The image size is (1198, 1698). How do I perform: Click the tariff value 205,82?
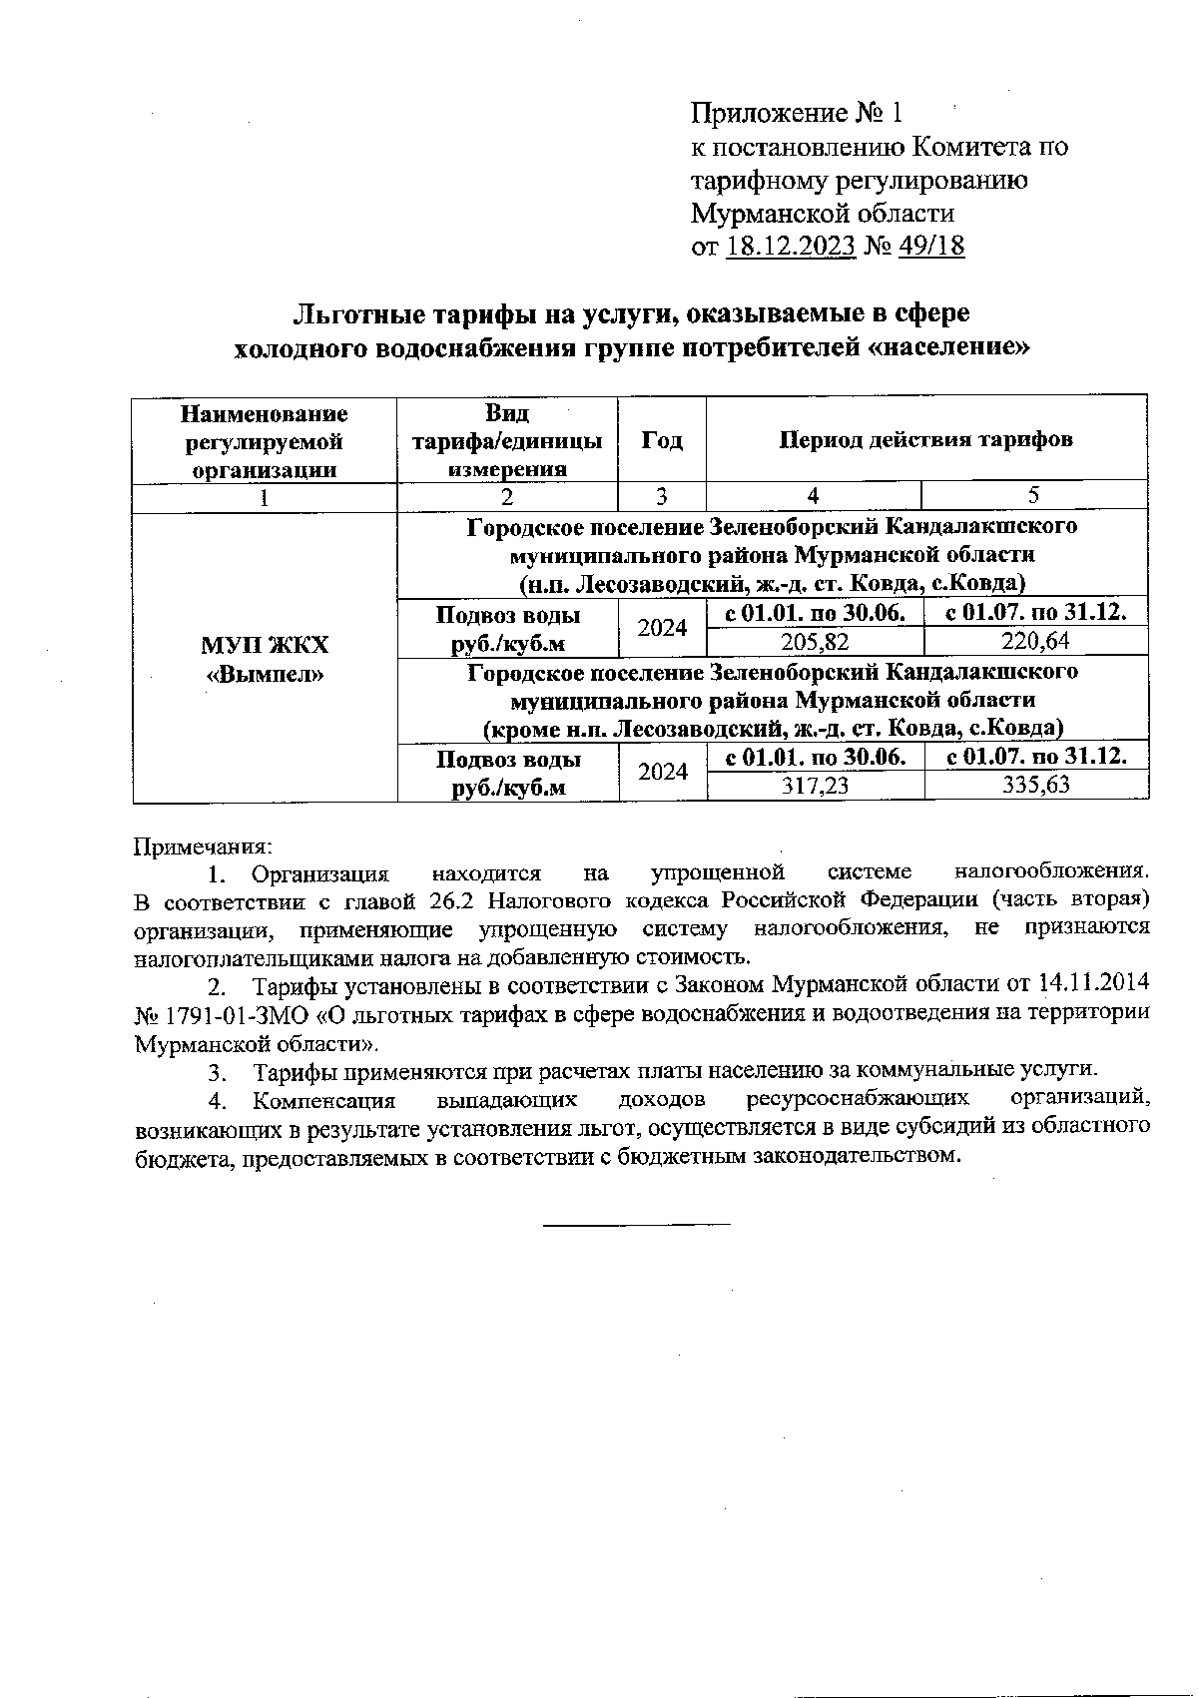(815, 641)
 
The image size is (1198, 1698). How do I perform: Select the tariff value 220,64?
(1035, 641)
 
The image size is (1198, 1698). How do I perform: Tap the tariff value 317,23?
(815, 786)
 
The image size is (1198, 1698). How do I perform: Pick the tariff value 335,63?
(1035, 786)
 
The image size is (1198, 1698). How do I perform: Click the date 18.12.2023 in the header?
(792, 246)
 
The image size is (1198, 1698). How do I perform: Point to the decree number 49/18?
(931, 246)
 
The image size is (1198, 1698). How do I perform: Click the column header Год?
(661, 440)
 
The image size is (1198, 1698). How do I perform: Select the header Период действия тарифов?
(925, 439)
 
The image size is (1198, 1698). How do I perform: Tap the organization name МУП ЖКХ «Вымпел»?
(265, 659)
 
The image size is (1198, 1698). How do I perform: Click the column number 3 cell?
(661, 496)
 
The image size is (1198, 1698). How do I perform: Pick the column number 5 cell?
(1034, 495)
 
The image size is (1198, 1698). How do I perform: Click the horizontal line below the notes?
(637, 1223)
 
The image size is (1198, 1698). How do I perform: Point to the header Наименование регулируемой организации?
(265, 440)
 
